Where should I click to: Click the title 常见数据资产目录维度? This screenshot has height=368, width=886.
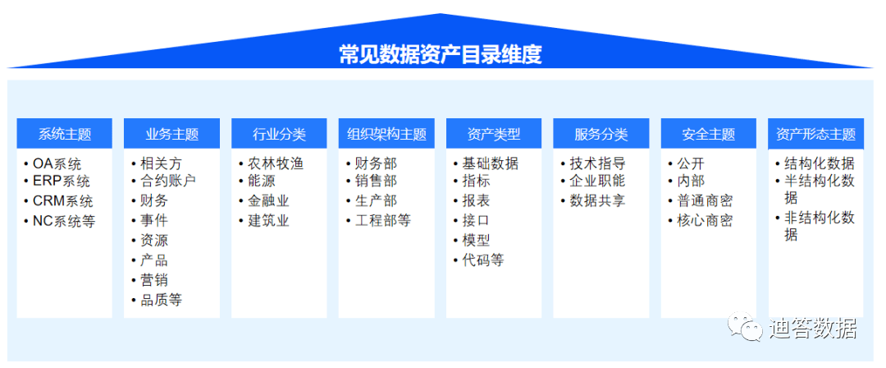[441, 55]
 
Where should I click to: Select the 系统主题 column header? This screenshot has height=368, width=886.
[65, 134]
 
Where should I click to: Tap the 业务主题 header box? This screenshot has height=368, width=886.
[171, 134]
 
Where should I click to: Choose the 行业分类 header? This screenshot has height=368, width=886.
[279, 134]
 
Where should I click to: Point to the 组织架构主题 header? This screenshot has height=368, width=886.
[386, 134]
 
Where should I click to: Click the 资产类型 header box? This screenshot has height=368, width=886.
[494, 134]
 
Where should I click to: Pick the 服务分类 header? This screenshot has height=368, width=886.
[601, 134]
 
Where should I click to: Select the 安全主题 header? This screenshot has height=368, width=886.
[709, 134]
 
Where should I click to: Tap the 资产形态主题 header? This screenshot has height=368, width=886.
[816, 134]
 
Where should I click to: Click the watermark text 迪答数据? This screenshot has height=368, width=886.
[812, 328]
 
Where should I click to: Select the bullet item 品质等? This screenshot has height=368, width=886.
[161, 300]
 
